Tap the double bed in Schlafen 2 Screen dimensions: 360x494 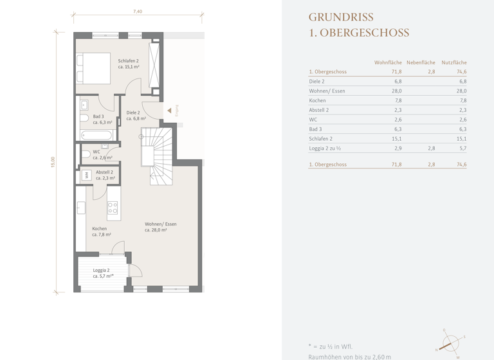[x=93, y=68]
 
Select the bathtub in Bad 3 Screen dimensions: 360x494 [x=97, y=136]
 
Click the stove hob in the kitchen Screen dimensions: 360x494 [x=113, y=207]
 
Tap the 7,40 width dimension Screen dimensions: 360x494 [x=138, y=12]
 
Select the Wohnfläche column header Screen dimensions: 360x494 [x=388, y=62]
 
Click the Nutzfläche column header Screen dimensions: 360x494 [x=453, y=62]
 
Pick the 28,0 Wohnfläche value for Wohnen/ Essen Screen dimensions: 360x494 [x=396, y=91]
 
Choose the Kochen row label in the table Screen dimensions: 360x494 [x=317, y=101]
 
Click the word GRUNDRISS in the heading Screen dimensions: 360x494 [x=341, y=17]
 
